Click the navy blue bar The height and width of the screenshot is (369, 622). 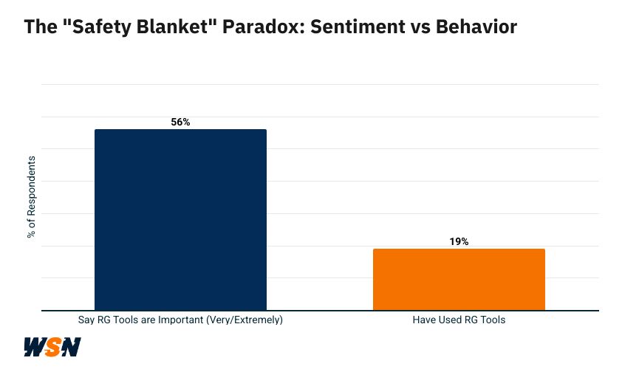click(180, 219)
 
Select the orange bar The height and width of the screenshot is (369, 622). click(459, 279)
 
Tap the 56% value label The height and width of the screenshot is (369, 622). click(180, 122)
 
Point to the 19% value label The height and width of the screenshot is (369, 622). click(459, 241)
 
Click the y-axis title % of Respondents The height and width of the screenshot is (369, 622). click(31, 197)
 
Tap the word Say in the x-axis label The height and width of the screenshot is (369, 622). click(86, 321)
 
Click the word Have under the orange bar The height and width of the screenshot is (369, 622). click(424, 321)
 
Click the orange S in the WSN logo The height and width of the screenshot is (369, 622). click(52, 347)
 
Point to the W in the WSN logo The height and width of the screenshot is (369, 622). click(35, 347)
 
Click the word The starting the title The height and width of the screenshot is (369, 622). click(38, 27)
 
